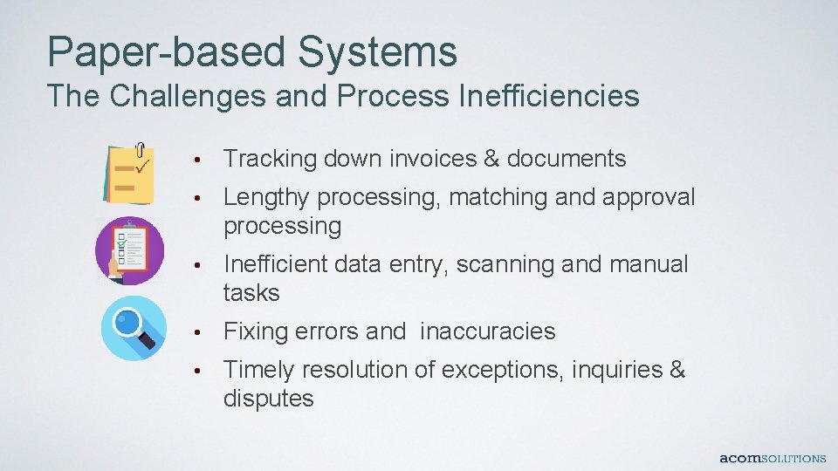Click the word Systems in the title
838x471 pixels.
pyautogui.click(x=376, y=51)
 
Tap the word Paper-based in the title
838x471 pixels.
pyautogui.click(x=166, y=51)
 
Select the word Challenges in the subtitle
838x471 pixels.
pyautogui.click(x=185, y=96)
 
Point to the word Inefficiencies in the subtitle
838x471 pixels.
pyautogui.click(x=548, y=96)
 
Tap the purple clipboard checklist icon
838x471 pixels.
pyautogui.click(x=129, y=250)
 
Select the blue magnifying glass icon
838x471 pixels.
pyautogui.click(x=133, y=328)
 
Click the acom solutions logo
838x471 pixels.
pyautogui.click(x=772, y=458)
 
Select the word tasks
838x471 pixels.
pyautogui.click(x=251, y=293)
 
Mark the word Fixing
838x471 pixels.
pyautogui.click(x=256, y=331)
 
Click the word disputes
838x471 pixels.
pyautogui.click(x=268, y=399)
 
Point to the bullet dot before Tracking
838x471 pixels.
pyautogui.click(x=200, y=160)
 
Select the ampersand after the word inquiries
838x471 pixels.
pyautogui.click(x=677, y=370)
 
